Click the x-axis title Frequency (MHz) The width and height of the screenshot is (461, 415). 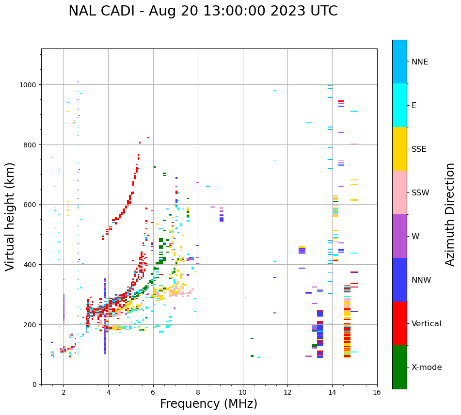[208, 404]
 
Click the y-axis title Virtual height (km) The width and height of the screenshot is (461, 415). [10, 216]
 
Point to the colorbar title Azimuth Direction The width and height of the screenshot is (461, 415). [450, 214]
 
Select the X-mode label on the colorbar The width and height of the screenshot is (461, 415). [427, 367]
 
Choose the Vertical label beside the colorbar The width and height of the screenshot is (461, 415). [427, 324]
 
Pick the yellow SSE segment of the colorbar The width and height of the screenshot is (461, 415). [399, 149]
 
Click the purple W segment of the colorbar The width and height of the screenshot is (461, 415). [399, 236]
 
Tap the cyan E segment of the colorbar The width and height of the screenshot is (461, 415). [399, 105]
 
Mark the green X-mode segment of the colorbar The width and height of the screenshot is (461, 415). [399, 367]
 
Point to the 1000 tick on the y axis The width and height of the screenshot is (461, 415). [29, 85]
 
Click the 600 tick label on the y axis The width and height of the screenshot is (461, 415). [31, 205]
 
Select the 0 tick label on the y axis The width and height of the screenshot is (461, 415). [34, 384]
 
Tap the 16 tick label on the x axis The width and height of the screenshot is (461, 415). [377, 392]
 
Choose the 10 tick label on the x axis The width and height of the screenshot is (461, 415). [242, 392]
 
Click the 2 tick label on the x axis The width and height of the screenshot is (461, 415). [64, 392]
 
